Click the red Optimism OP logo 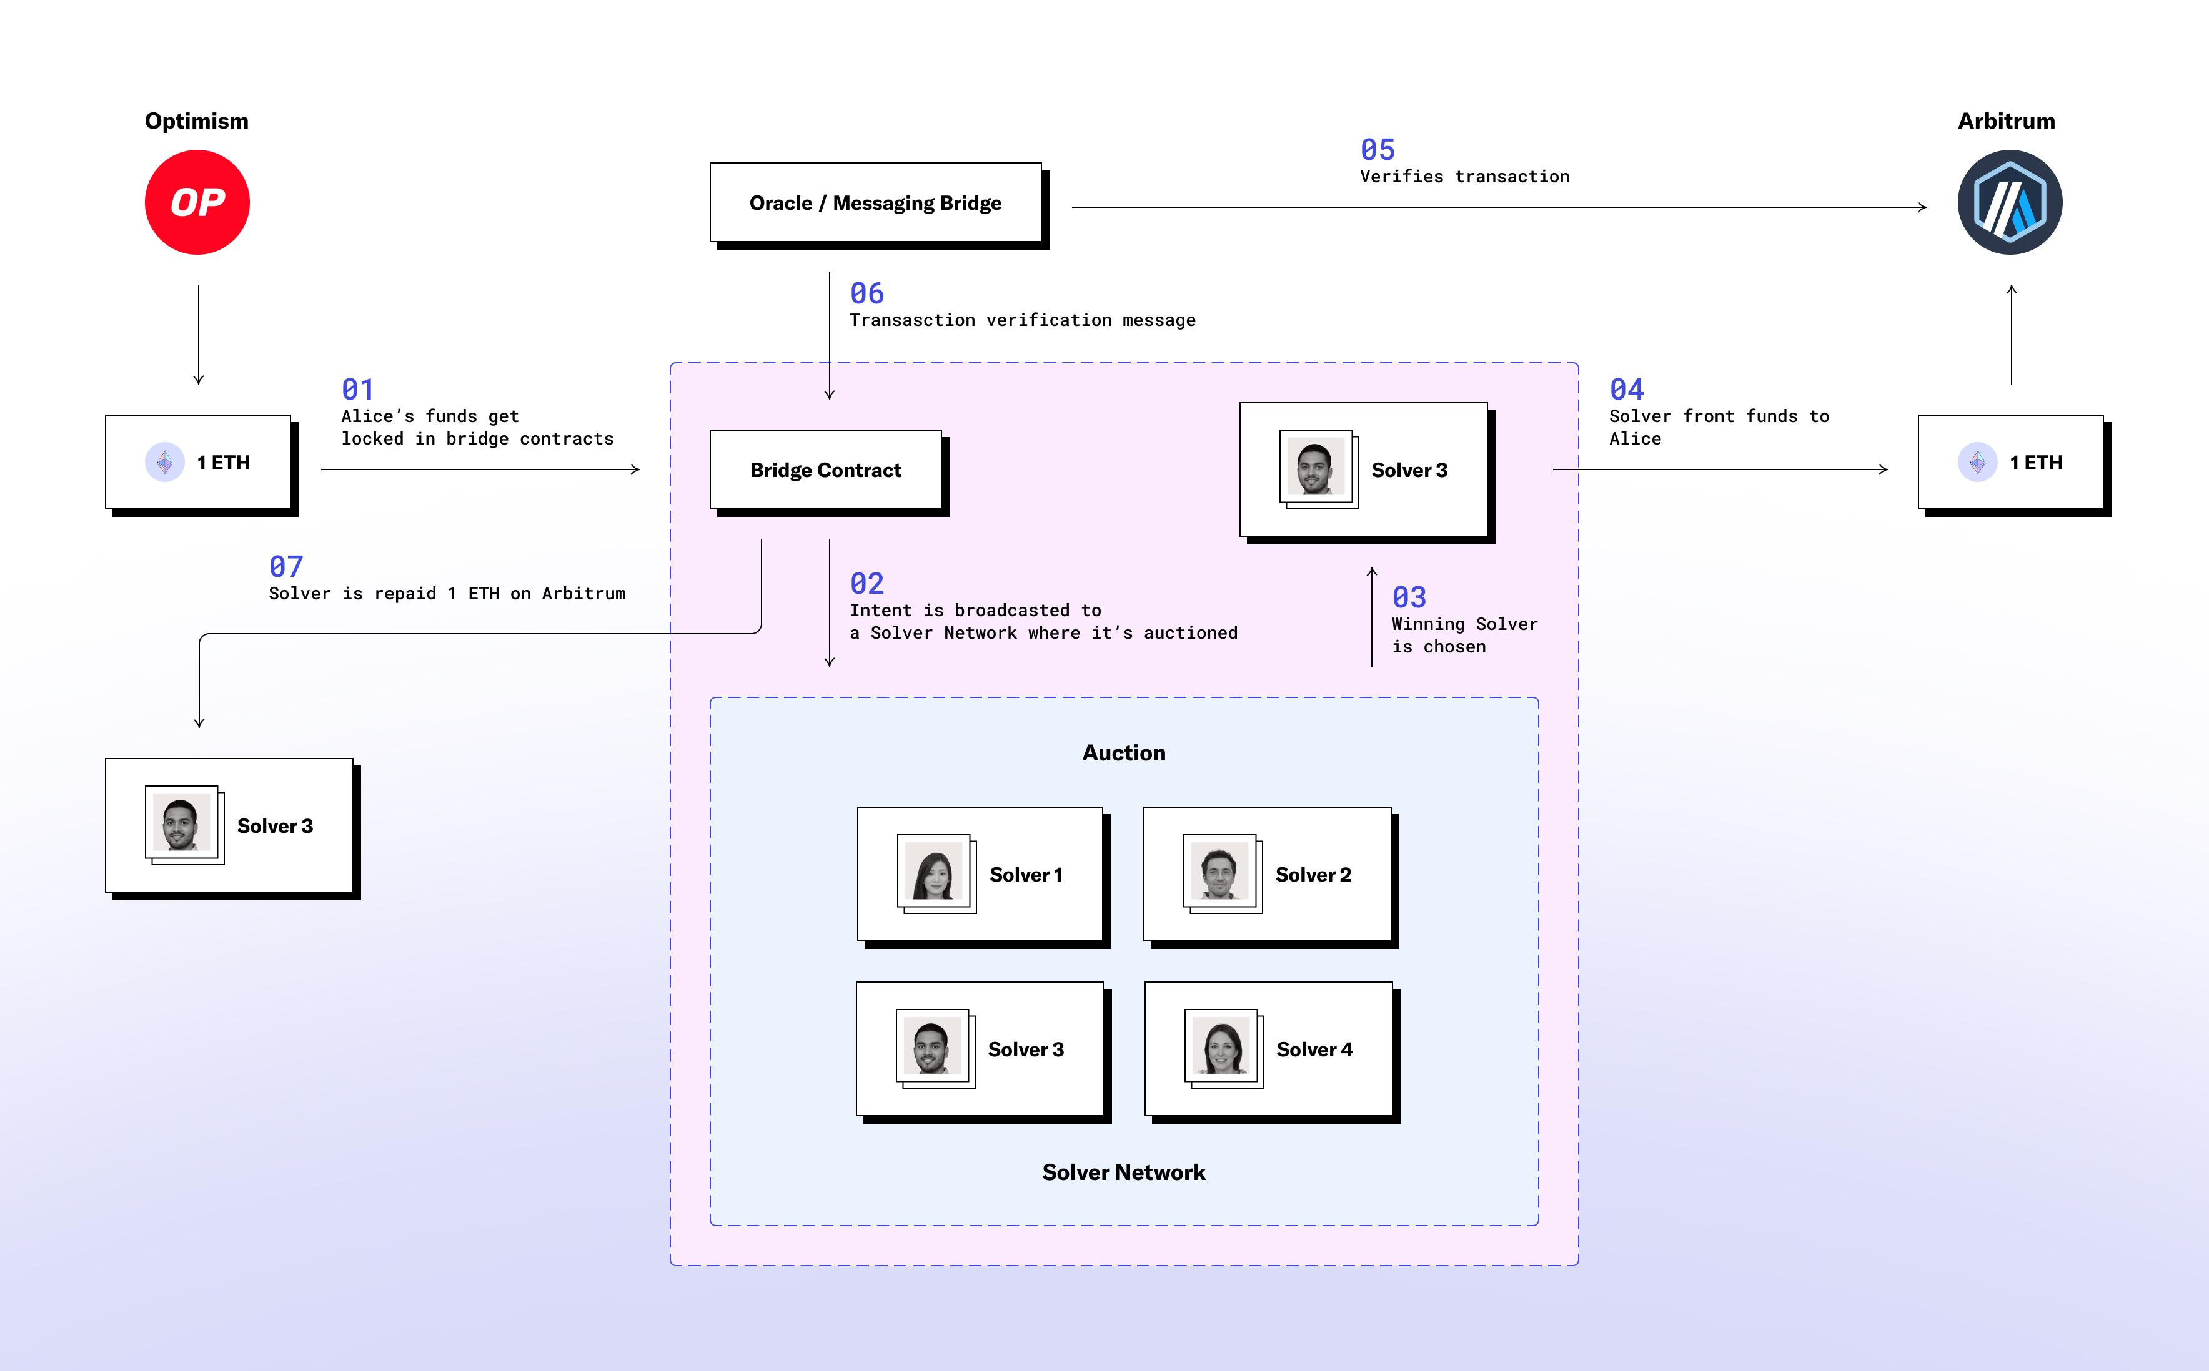[197, 202]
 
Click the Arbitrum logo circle [2010, 202]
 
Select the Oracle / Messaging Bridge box [875, 203]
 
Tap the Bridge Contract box [825, 469]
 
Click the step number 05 [1377, 150]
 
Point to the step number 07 [285, 567]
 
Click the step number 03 [1409, 597]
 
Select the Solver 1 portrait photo [933, 870]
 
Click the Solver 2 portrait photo [1219, 870]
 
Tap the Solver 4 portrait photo [1221, 1046]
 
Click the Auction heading [1123, 752]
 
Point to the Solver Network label [1123, 1172]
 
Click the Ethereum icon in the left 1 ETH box [165, 463]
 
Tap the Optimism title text [196, 120]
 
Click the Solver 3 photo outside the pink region [181, 822]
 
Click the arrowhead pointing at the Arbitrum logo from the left [1922, 208]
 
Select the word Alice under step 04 [1635, 439]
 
